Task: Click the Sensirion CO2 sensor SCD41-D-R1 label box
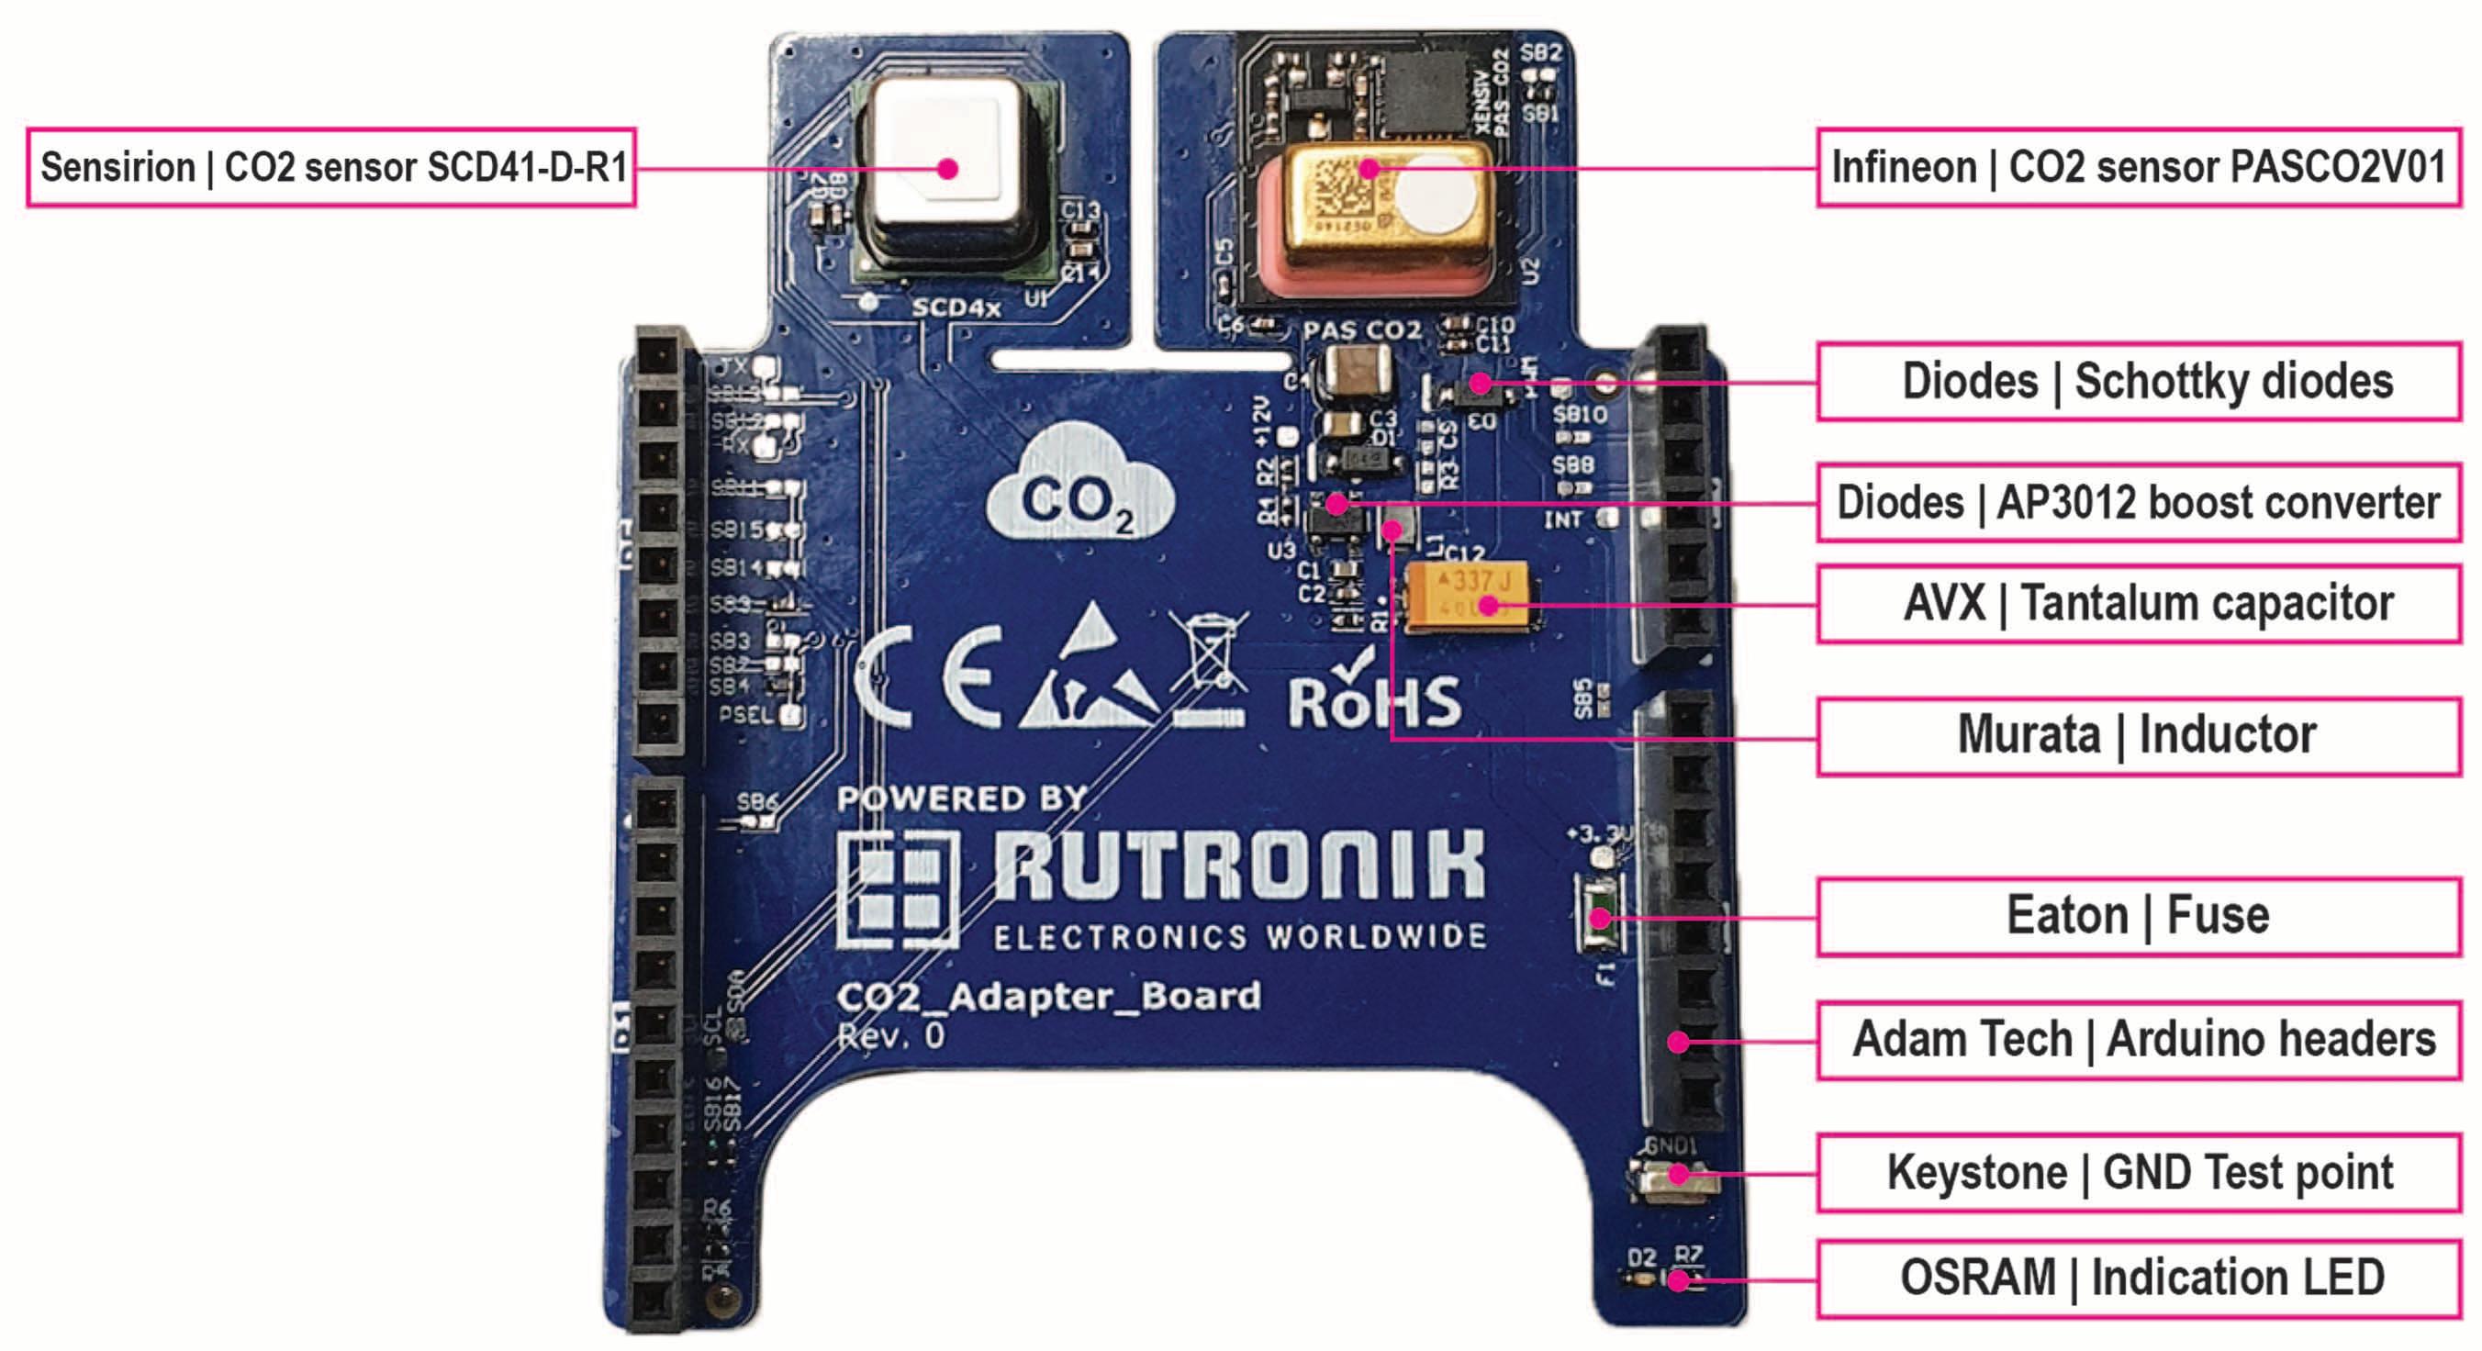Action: pos(330,167)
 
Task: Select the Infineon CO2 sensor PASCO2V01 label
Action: pos(2138,167)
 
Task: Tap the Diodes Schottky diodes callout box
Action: pos(2138,381)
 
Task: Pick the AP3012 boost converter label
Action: pos(2138,502)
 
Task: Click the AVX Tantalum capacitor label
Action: pos(2138,604)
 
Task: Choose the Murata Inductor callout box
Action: pos(2138,735)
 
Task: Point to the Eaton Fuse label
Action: pos(2138,915)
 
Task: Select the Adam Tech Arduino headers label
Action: pos(2138,1040)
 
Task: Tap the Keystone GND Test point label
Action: pos(2138,1173)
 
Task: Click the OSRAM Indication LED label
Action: pos(2138,1278)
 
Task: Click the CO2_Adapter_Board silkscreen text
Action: pos(1048,997)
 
